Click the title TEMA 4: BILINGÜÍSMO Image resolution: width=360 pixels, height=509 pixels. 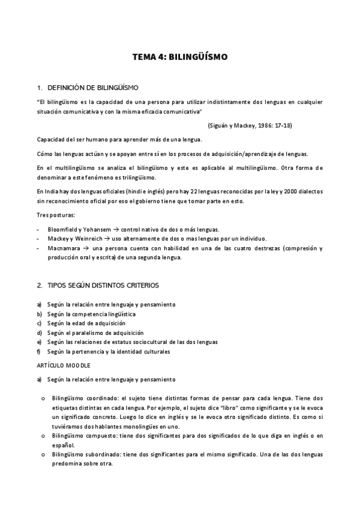180,58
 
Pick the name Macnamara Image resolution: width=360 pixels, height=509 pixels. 65,248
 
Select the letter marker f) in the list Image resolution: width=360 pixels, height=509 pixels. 38,351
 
